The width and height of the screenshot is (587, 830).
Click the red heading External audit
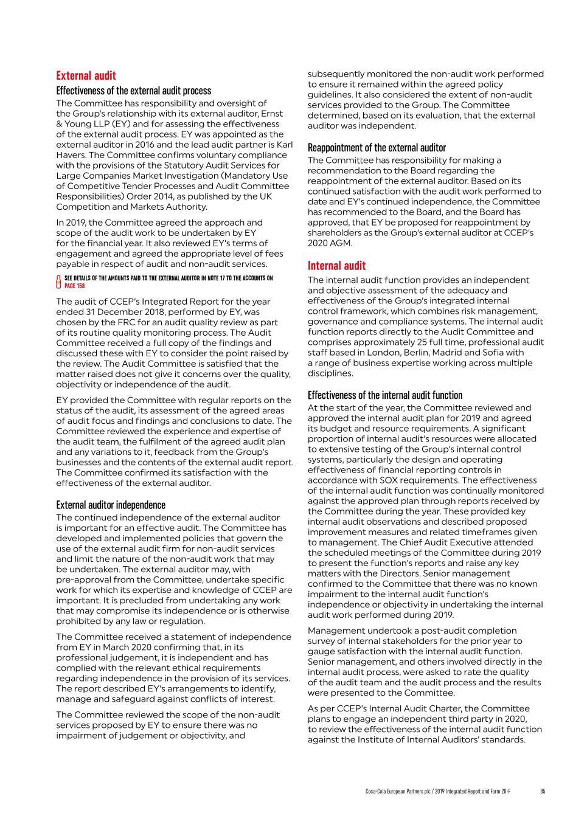click(x=86, y=75)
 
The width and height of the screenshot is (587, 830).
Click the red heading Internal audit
click(x=336, y=266)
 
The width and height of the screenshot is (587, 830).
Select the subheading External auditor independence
click(x=111, y=505)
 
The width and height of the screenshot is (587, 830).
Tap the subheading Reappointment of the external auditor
click(x=377, y=148)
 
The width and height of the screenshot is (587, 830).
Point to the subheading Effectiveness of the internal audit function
click(x=385, y=395)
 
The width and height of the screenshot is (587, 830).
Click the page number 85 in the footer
click(x=542, y=791)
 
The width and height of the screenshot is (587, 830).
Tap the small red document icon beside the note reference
click(x=58, y=282)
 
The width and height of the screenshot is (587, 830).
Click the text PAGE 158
click(x=75, y=286)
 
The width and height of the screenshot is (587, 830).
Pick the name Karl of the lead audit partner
click(x=284, y=145)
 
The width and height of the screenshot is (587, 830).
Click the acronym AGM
click(x=341, y=243)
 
